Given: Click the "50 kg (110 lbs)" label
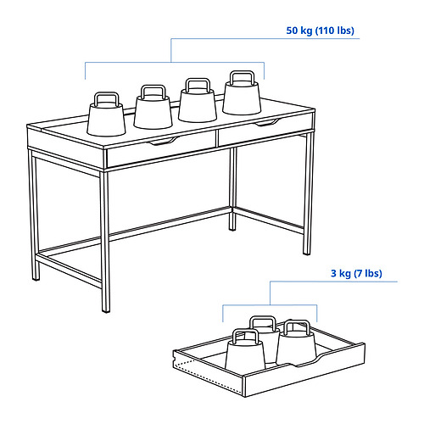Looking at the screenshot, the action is click(320, 31).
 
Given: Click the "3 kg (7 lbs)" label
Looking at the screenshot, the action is click(356, 273).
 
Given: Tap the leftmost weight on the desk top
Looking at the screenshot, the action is click(106, 114).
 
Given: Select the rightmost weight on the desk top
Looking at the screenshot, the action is click(242, 93).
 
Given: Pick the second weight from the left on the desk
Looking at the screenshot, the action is click(153, 108).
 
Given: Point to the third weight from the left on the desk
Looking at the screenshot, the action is click(198, 100).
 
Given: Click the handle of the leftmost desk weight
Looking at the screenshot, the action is click(106, 98).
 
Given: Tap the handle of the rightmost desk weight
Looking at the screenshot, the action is click(242, 77).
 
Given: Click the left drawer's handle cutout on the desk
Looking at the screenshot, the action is click(165, 141).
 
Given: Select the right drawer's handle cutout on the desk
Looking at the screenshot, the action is click(267, 122).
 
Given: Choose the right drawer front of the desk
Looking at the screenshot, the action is click(265, 130).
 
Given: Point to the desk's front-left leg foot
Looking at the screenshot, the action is click(106, 310).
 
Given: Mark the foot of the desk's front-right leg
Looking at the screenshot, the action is click(307, 253).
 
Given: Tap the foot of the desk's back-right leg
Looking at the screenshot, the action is click(232, 228).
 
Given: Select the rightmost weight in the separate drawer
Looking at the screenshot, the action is click(296, 343).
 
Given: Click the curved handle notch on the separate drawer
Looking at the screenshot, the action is click(307, 361).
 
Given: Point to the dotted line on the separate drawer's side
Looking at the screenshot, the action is click(208, 379).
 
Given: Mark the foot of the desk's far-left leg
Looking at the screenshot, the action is click(36, 278).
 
